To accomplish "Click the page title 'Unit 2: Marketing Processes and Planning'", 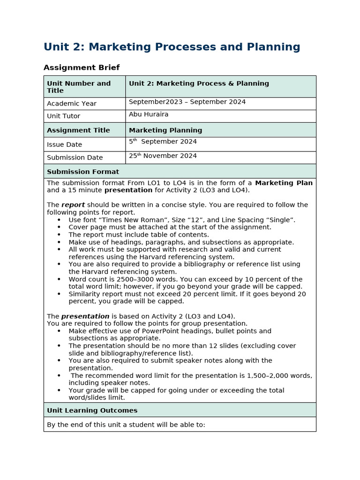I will coord(172,47).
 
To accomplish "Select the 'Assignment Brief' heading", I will coord(82,67).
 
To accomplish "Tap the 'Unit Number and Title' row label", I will coord(79,87).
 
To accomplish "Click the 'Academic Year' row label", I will coord(72,104).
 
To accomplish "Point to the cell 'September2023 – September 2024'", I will coord(187,102).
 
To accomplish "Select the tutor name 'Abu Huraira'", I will coord(149,114).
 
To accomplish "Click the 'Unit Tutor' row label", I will coord(64,116).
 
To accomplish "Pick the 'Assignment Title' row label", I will coord(78,130).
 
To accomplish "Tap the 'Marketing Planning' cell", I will coord(165,130).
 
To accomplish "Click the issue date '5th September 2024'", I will coord(163,142).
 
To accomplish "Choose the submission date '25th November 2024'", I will coord(163,156).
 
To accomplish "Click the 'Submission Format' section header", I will coord(83,172).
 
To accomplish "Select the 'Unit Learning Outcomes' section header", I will coord(92,411).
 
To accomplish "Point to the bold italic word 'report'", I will coord(73,205).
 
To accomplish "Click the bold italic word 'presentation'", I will coord(85,316).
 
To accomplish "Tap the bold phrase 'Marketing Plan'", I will coord(284,183).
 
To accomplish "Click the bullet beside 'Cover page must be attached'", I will coord(59,227).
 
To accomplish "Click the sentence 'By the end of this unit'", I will coord(126,425).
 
